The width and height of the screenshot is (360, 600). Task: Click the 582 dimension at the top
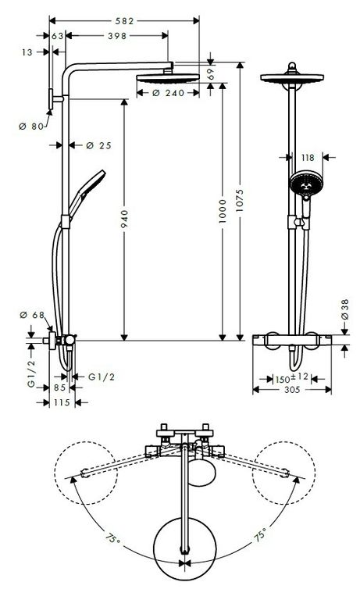[125, 20]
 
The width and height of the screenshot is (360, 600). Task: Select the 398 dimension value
[117, 36]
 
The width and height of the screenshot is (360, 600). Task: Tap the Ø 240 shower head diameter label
[169, 93]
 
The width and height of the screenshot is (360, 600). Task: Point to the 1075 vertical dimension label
[240, 200]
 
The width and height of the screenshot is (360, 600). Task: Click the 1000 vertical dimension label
[223, 211]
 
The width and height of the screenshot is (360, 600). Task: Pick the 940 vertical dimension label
[125, 220]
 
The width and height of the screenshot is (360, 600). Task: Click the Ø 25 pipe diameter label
[98, 145]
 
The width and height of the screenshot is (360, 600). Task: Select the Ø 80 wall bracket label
[31, 126]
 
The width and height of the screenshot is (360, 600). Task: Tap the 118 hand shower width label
[308, 157]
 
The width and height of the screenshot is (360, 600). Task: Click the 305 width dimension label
[292, 390]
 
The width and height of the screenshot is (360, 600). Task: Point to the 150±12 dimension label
[291, 378]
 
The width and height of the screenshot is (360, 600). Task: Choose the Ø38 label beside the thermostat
[344, 309]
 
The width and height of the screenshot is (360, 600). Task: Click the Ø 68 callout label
[32, 315]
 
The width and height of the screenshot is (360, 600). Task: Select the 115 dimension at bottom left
[62, 402]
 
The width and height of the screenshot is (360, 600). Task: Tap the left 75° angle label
[113, 539]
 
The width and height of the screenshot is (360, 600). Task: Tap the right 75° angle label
[259, 535]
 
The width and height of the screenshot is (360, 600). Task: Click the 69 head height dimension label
[210, 74]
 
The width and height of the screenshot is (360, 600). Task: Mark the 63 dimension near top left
[57, 36]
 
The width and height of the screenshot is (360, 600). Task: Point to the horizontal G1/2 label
[102, 377]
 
